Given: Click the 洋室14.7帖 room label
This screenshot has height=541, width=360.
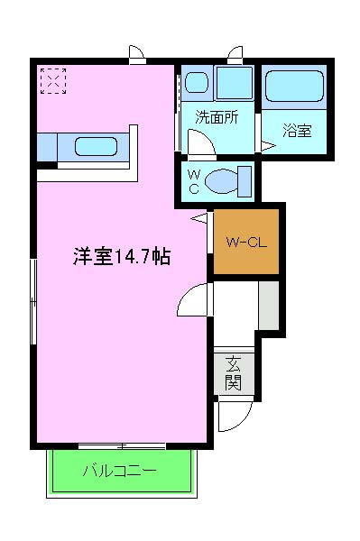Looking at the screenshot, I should coord(122,257).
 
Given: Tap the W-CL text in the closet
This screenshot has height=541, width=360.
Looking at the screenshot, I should coord(245,242).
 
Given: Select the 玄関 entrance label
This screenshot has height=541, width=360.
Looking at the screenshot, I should coord(234,373).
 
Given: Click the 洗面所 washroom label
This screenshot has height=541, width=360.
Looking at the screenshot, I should coord(217,116).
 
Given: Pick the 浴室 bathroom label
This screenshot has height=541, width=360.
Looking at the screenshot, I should coord(297,129).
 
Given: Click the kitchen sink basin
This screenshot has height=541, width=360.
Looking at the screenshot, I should coord(96,146).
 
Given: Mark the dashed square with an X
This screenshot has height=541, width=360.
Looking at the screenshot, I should coord(53,81).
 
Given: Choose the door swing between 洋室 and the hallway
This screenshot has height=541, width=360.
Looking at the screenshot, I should coord(194,299).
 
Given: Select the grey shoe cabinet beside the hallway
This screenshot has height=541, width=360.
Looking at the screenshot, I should coord(269,305).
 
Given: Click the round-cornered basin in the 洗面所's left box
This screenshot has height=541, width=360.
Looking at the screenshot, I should coord(197,85).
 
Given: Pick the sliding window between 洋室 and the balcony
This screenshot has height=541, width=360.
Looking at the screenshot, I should coord(121,445).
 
